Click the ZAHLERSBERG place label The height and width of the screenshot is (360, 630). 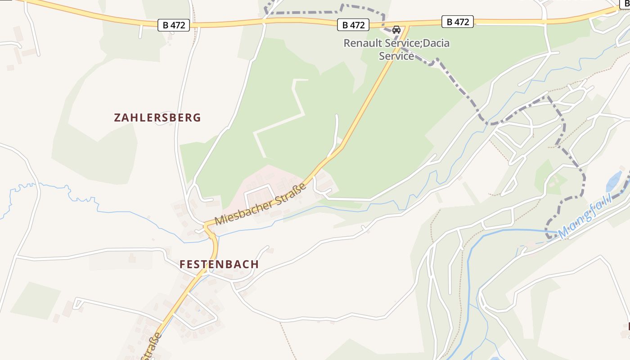pos(157,118)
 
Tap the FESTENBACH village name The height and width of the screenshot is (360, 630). pos(219,264)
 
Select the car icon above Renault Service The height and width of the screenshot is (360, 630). pos(396,30)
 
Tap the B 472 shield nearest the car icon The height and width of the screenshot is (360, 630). pos(353,25)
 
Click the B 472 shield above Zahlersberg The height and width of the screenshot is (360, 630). pos(174,25)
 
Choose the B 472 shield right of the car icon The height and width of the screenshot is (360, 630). pos(458,22)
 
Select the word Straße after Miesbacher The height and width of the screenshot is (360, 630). pos(292,190)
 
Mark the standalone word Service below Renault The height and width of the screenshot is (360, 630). pos(396,56)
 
